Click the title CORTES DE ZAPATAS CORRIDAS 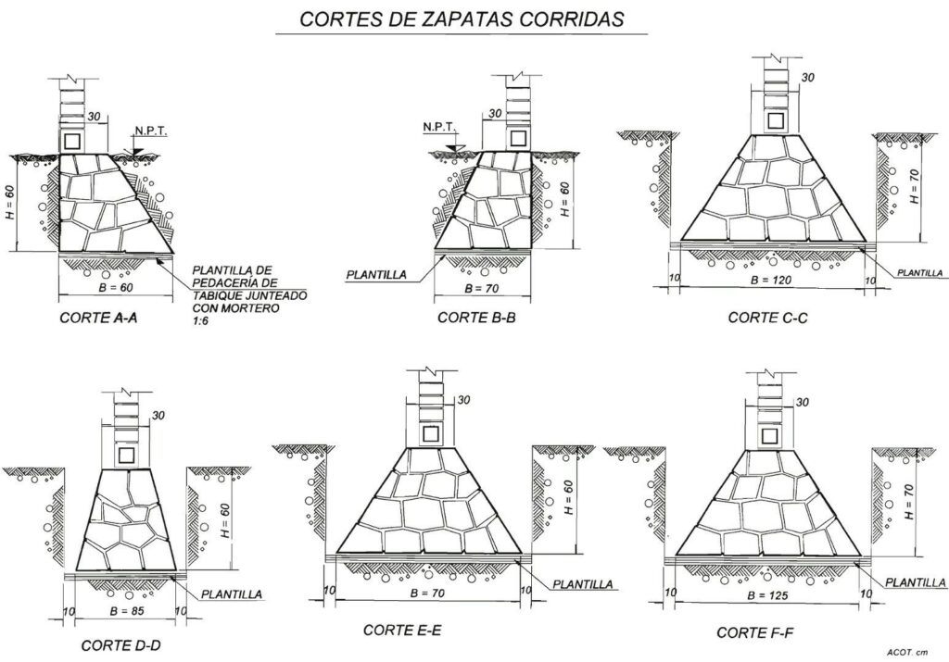pos(462,18)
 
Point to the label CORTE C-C pos(767,318)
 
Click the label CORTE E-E pos(402,631)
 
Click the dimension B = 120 pos(767,278)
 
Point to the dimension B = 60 pos(115,288)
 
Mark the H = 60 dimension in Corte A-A pos(11,203)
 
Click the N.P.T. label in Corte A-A pos(150,131)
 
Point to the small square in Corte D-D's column pos(127,453)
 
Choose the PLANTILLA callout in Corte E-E pos(583,584)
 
